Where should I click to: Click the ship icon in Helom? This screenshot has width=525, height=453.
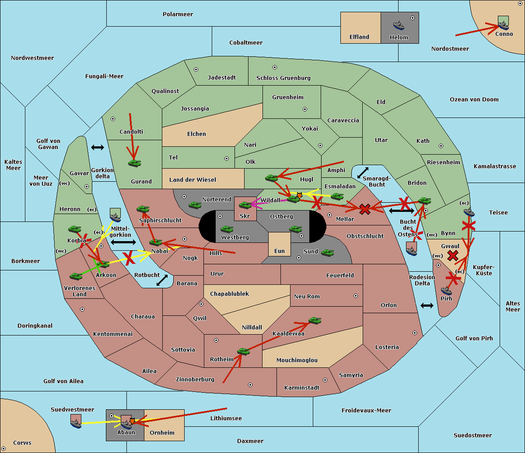click(x=399, y=25)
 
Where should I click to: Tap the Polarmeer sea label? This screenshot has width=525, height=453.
click(x=178, y=14)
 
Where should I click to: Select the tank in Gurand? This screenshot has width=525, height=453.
click(x=134, y=163)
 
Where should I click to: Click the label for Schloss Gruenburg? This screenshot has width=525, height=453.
click(x=283, y=78)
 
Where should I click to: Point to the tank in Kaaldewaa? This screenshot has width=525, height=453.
click(x=315, y=320)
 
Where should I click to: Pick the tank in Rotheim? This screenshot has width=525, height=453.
click(x=243, y=351)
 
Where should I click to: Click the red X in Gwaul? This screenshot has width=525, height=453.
click(x=453, y=256)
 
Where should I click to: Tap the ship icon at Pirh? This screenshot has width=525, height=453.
click(x=446, y=290)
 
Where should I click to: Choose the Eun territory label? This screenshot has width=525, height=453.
click(x=280, y=251)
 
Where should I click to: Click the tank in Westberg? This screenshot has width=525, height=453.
click(x=227, y=229)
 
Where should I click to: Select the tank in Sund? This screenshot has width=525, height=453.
click(x=327, y=252)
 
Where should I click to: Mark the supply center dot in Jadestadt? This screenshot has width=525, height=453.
click(x=196, y=69)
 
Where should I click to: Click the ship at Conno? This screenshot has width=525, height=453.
click(x=503, y=25)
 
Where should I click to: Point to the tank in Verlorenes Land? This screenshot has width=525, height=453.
click(x=76, y=276)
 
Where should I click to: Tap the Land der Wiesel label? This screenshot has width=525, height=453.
click(x=192, y=180)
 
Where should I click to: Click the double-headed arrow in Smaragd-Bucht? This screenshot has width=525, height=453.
click(x=363, y=173)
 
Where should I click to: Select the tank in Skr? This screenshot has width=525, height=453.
click(x=245, y=205)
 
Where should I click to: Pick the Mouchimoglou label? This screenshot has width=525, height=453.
click(x=297, y=360)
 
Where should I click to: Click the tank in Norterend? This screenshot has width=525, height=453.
click(x=195, y=205)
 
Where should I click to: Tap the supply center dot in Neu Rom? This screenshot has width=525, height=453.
click(x=356, y=296)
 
